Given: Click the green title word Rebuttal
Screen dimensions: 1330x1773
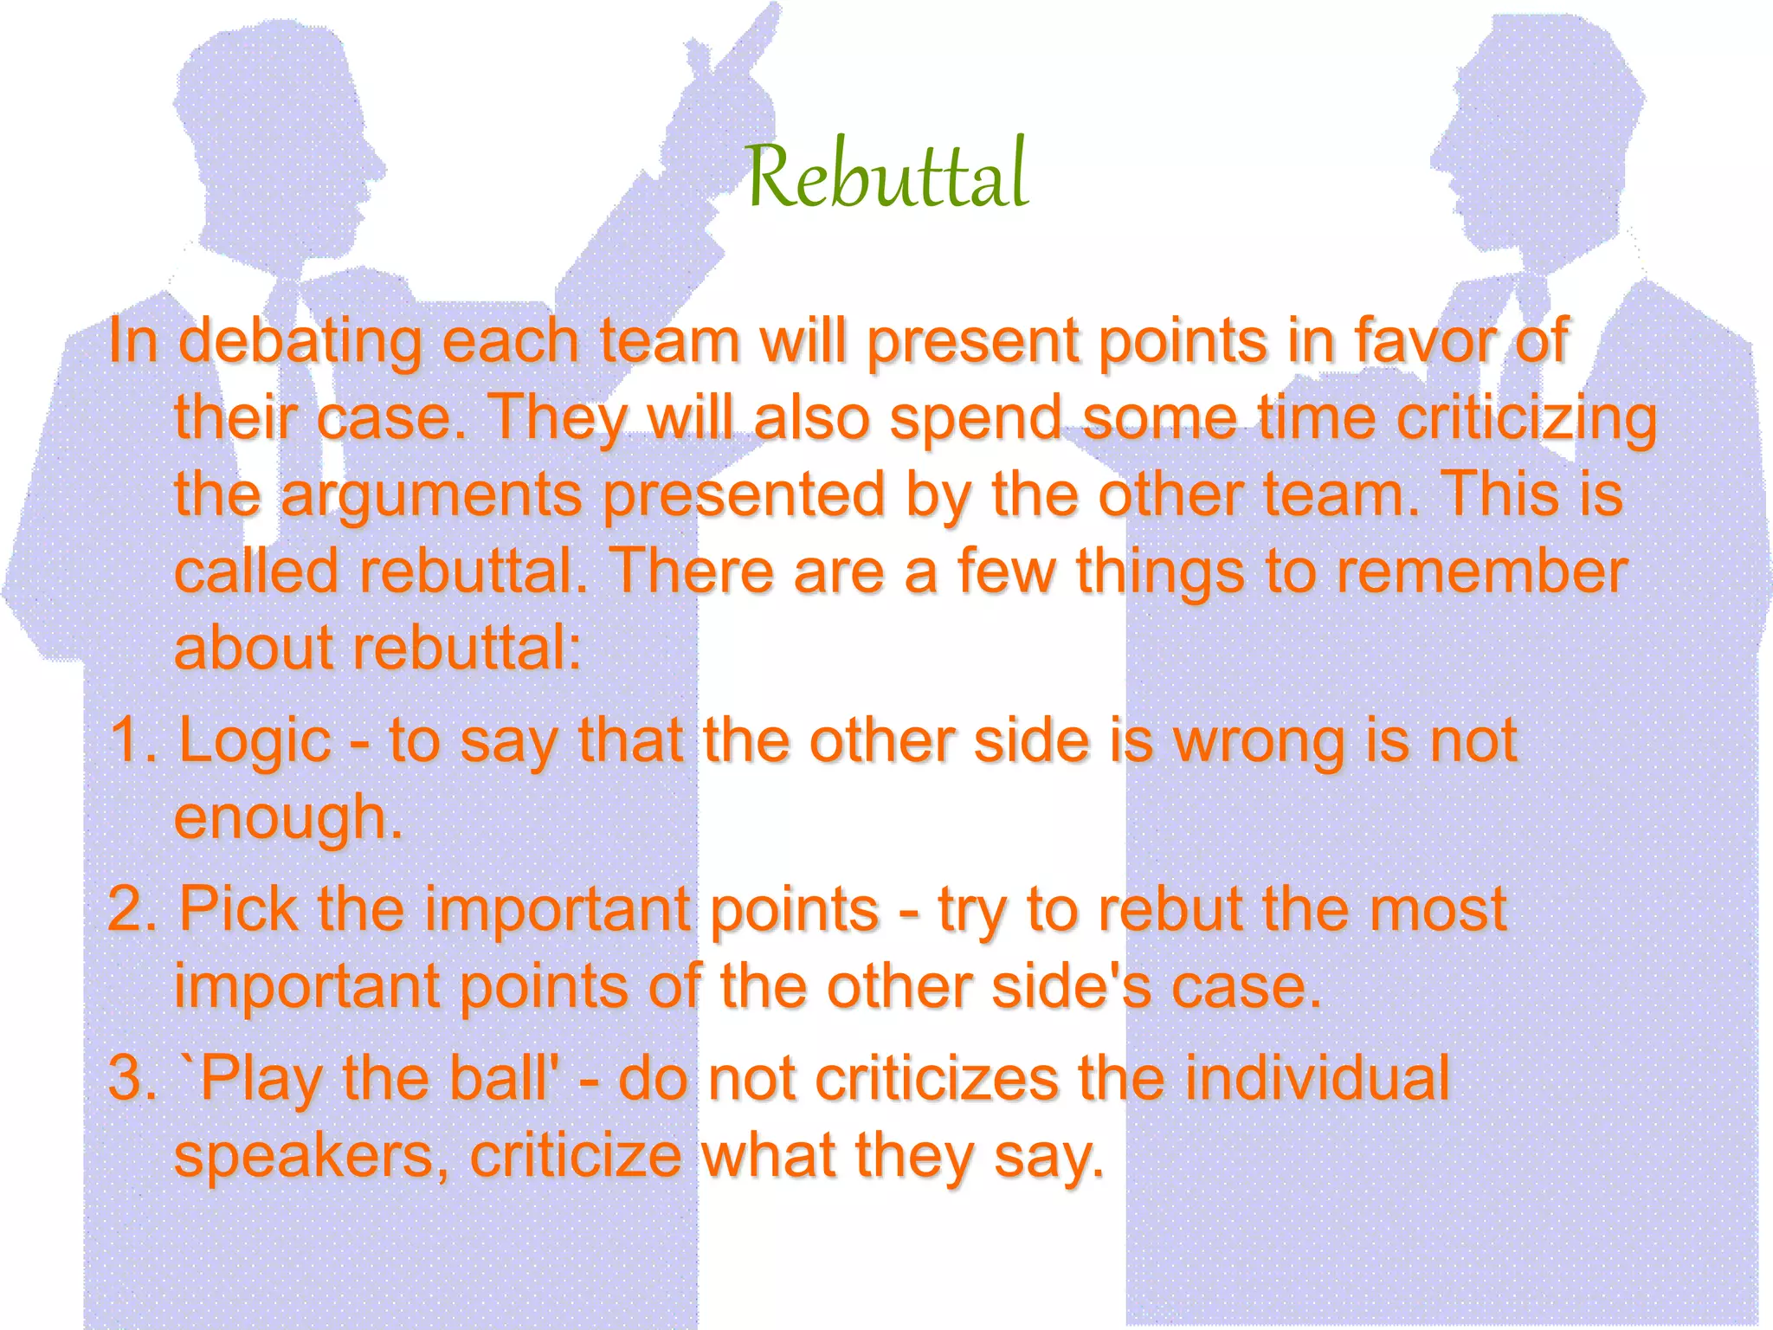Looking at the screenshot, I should point(886,176).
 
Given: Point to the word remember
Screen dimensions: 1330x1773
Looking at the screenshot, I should point(1481,572).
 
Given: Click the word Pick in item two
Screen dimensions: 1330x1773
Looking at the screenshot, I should point(237,910).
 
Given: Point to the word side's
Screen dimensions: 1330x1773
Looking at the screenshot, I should point(1071,987).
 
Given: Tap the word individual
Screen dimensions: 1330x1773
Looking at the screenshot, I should point(1316,1079).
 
